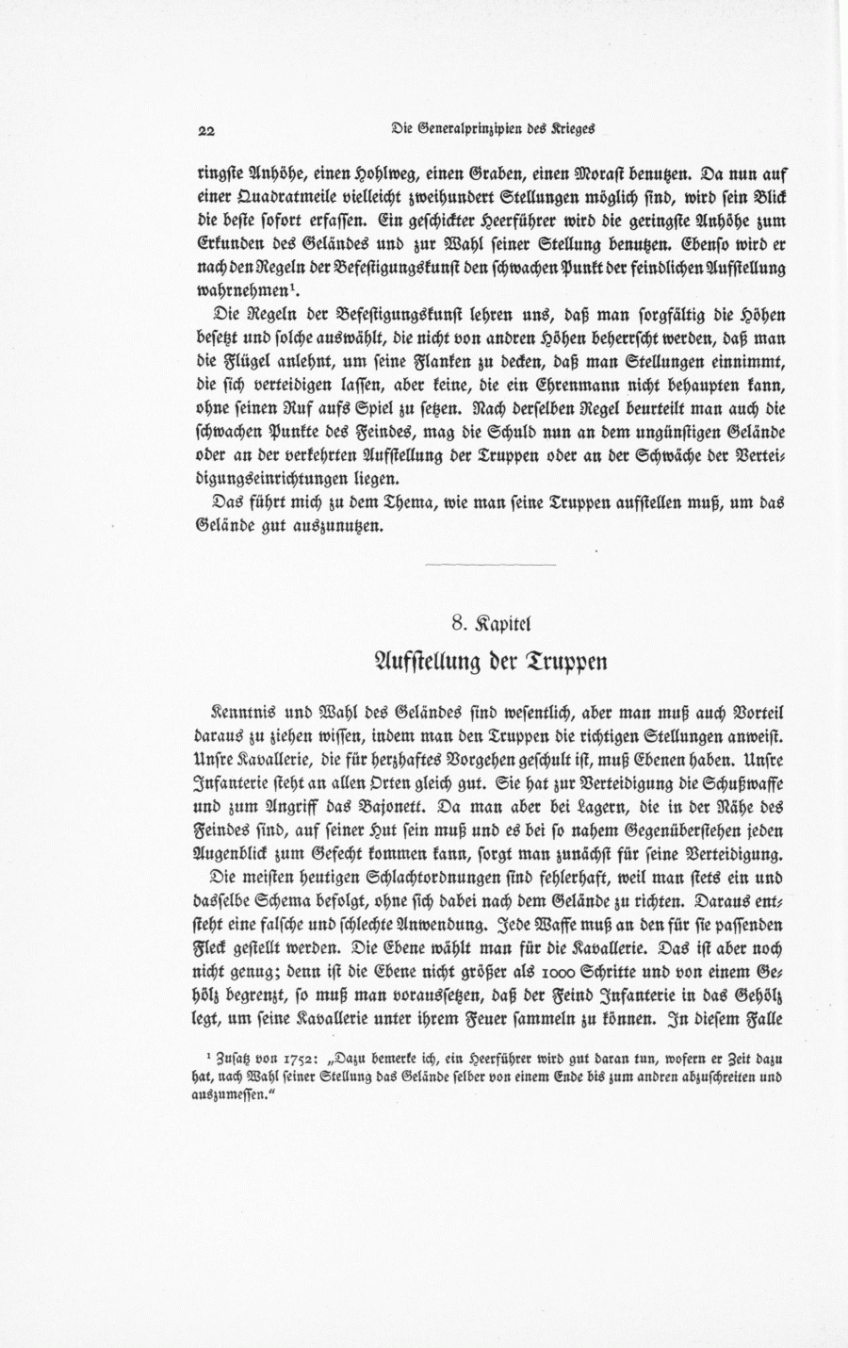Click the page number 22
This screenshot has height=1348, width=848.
pyautogui.click(x=206, y=130)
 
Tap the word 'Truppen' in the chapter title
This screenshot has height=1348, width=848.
pyautogui.click(x=560, y=662)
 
